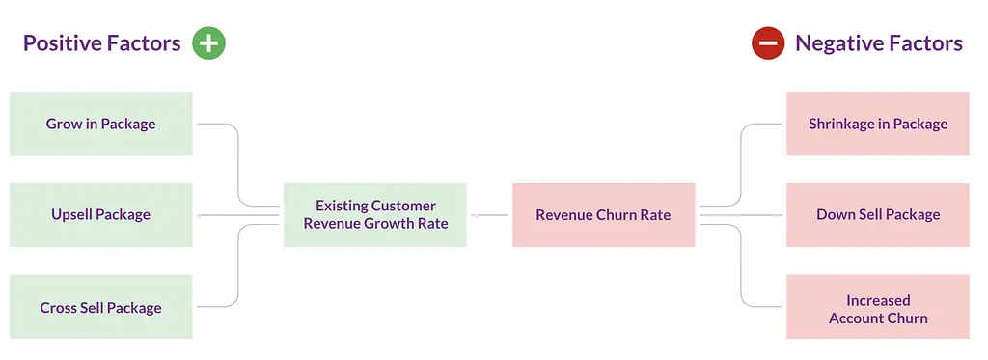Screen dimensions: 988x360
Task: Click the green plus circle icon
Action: pyautogui.click(x=208, y=43)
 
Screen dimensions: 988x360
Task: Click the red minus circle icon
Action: pyautogui.click(x=768, y=43)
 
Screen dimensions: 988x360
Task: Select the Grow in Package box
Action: pyautogui.click(x=100, y=124)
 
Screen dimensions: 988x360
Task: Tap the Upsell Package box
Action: pyautogui.click(x=100, y=215)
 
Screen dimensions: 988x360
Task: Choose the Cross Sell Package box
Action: pyautogui.click(x=100, y=307)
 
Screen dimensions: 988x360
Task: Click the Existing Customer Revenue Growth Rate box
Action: pyautogui.click(x=375, y=215)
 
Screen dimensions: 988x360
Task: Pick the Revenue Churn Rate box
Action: pyautogui.click(x=604, y=215)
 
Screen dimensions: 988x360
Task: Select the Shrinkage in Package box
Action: pyautogui.click(x=878, y=124)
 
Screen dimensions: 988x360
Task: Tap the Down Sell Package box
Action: pyautogui.click(x=878, y=215)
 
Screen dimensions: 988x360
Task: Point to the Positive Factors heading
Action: pyautogui.click(x=102, y=43)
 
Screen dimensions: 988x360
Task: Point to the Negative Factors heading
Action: pyautogui.click(x=879, y=43)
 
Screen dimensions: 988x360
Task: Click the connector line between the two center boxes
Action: pyautogui.click(x=489, y=215)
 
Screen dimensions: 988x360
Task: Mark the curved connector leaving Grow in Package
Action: pyautogui.click(x=238, y=164)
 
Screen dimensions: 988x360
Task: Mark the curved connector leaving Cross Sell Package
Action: pyautogui.click(x=238, y=266)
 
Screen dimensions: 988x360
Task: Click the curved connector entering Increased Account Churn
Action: pyautogui.click(x=741, y=266)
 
